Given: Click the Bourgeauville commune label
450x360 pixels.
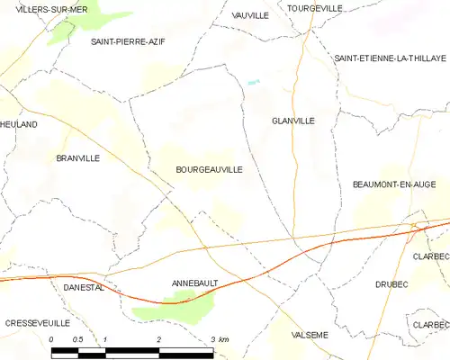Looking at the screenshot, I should pyautogui.click(x=209, y=168).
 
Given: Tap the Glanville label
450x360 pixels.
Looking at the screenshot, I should pyautogui.click(x=292, y=120).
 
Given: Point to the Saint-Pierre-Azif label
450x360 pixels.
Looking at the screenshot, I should pyautogui.click(x=128, y=41).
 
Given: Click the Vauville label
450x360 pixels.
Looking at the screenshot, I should pyautogui.click(x=250, y=15).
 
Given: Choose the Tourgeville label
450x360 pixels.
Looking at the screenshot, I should pyautogui.click(x=315, y=8).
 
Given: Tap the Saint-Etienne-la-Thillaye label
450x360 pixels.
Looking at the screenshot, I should pyautogui.click(x=390, y=58).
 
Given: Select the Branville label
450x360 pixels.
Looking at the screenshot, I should pyautogui.click(x=77, y=157).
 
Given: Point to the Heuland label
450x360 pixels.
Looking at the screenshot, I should pyautogui.click(x=18, y=124).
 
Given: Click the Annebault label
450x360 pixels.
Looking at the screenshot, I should pyautogui.click(x=195, y=283).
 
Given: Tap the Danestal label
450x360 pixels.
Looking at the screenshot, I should pyautogui.click(x=85, y=287).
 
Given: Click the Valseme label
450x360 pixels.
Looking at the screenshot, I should pyautogui.click(x=310, y=335).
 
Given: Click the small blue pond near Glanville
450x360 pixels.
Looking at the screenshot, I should pyautogui.click(x=254, y=82).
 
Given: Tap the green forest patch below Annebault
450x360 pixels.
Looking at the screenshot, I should pyautogui.click(x=175, y=309).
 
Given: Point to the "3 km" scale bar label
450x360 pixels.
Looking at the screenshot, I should pyautogui.click(x=220, y=339).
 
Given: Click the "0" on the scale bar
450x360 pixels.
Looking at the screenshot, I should pyautogui.click(x=52, y=339).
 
